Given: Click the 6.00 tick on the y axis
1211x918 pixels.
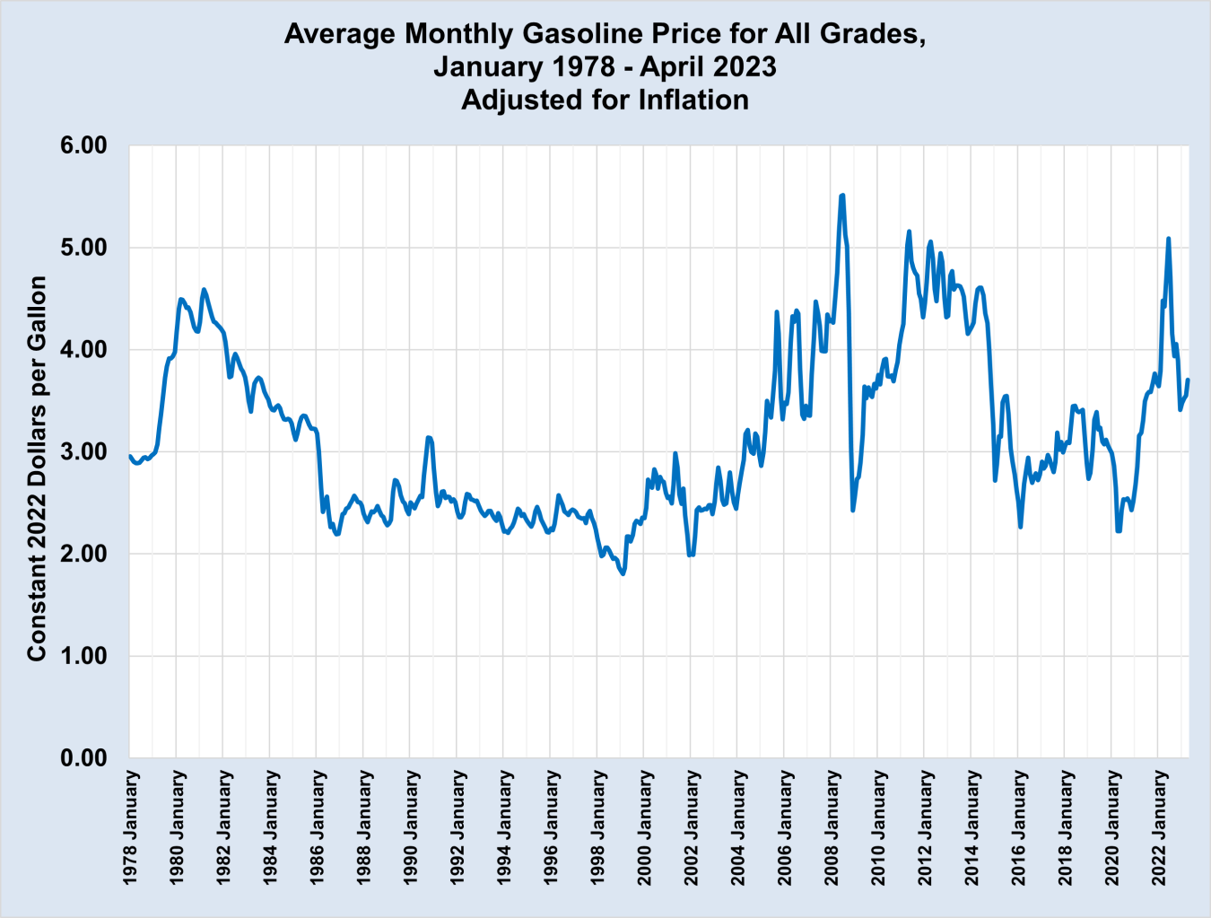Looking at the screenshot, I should (83, 145).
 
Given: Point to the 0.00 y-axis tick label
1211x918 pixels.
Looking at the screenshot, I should (83, 758).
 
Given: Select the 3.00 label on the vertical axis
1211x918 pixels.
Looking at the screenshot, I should (83, 451).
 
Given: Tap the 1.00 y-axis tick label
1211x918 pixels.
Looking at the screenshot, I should (83, 656).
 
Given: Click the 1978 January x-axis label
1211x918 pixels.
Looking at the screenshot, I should (131, 827).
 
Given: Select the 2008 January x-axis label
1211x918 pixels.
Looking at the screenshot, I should (832, 827).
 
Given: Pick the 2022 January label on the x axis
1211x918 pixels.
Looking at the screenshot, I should (1159, 827).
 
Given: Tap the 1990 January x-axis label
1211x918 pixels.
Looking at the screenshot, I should (411, 827).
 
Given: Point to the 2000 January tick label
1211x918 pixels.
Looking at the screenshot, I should (645, 827).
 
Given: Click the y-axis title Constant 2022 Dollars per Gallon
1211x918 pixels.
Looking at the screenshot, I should (36, 468).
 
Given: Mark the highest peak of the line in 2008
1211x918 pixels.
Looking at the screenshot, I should (842, 195).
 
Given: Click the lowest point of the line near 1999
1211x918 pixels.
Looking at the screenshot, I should (623, 573).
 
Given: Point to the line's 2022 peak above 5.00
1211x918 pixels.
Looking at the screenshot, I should (1168, 239).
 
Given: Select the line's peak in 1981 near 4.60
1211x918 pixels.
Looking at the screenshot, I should (204, 289).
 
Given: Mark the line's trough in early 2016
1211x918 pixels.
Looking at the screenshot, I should (1021, 527).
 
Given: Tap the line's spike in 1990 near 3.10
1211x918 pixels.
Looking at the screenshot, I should (429, 437).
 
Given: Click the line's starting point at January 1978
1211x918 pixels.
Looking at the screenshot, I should (130, 456).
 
